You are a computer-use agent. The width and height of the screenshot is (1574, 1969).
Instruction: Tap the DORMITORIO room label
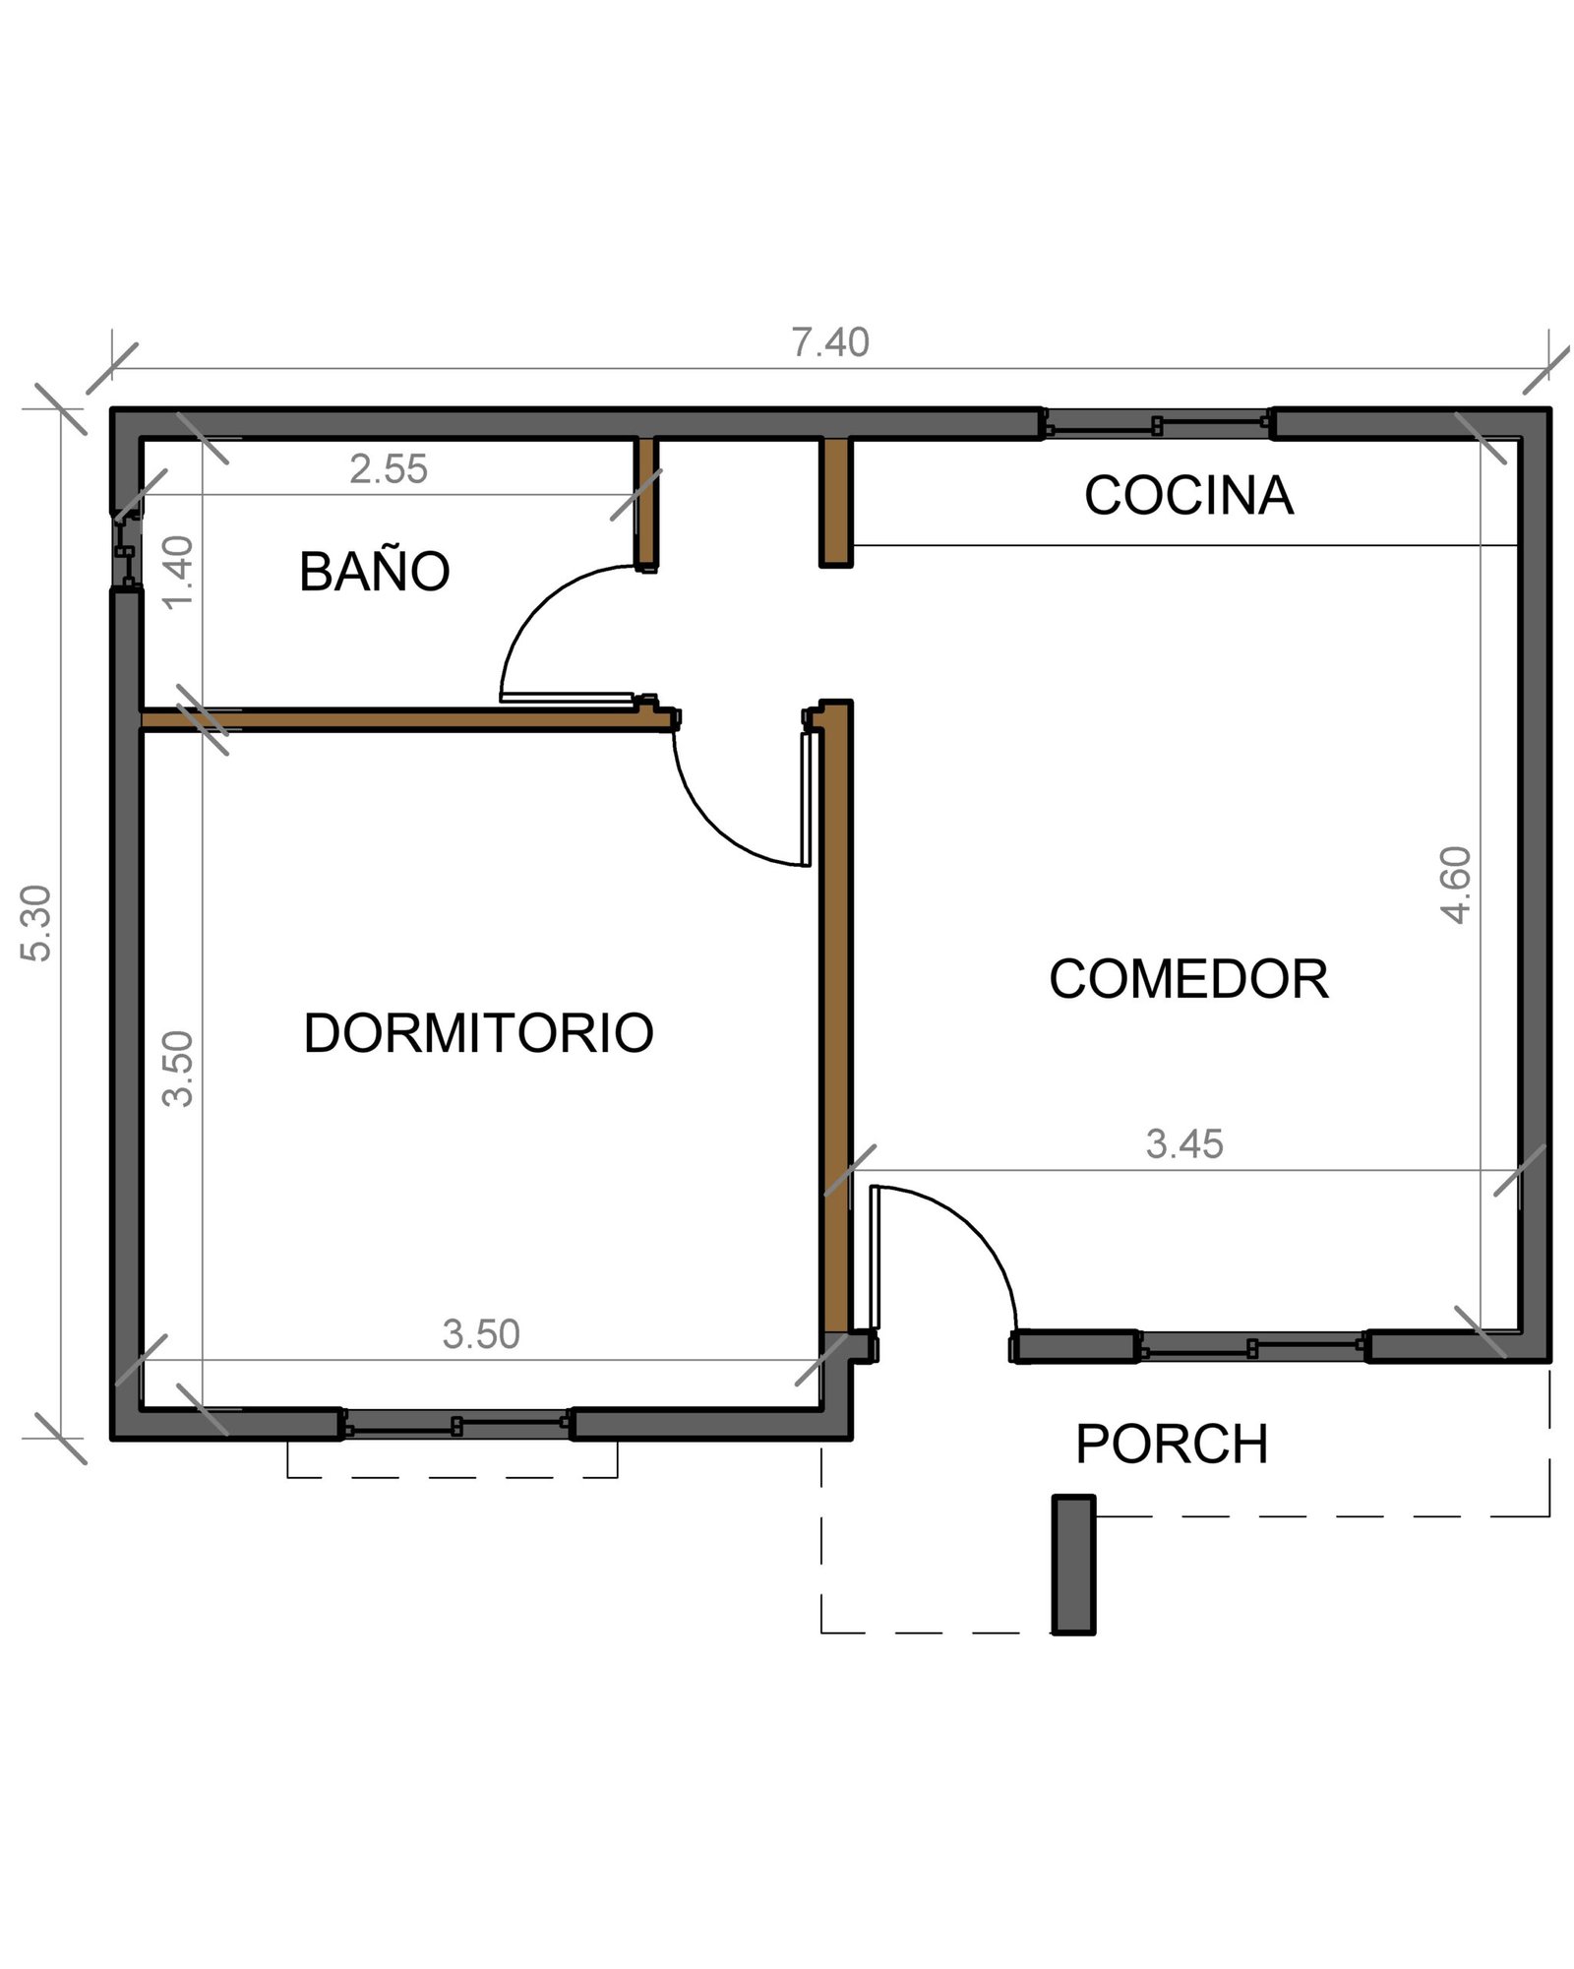(x=478, y=1033)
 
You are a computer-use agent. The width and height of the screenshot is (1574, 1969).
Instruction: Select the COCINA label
(x=1188, y=495)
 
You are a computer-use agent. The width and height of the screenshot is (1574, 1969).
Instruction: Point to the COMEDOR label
(x=1188, y=979)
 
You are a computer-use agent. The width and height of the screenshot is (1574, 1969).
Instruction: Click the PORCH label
(x=1172, y=1445)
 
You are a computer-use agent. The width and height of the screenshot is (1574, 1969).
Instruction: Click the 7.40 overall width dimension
(x=830, y=342)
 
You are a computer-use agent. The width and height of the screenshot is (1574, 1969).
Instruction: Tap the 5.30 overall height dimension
(x=36, y=922)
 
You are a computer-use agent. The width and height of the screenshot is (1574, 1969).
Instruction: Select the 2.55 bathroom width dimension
(x=389, y=469)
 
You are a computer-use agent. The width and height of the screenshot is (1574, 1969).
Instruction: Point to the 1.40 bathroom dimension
(x=178, y=573)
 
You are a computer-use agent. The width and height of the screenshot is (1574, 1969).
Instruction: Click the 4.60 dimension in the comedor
(x=1456, y=885)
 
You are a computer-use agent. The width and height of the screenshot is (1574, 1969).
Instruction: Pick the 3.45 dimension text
(x=1184, y=1144)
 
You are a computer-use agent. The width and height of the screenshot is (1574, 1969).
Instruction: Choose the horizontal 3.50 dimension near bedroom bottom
(x=480, y=1334)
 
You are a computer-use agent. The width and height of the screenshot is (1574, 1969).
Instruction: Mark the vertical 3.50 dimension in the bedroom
(x=178, y=1069)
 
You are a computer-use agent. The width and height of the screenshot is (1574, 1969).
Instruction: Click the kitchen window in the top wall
(x=1157, y=425)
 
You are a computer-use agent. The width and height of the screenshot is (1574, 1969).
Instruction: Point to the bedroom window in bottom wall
(x=456, y=1424)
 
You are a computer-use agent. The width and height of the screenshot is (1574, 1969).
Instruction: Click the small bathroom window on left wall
(x=125, y=550)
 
